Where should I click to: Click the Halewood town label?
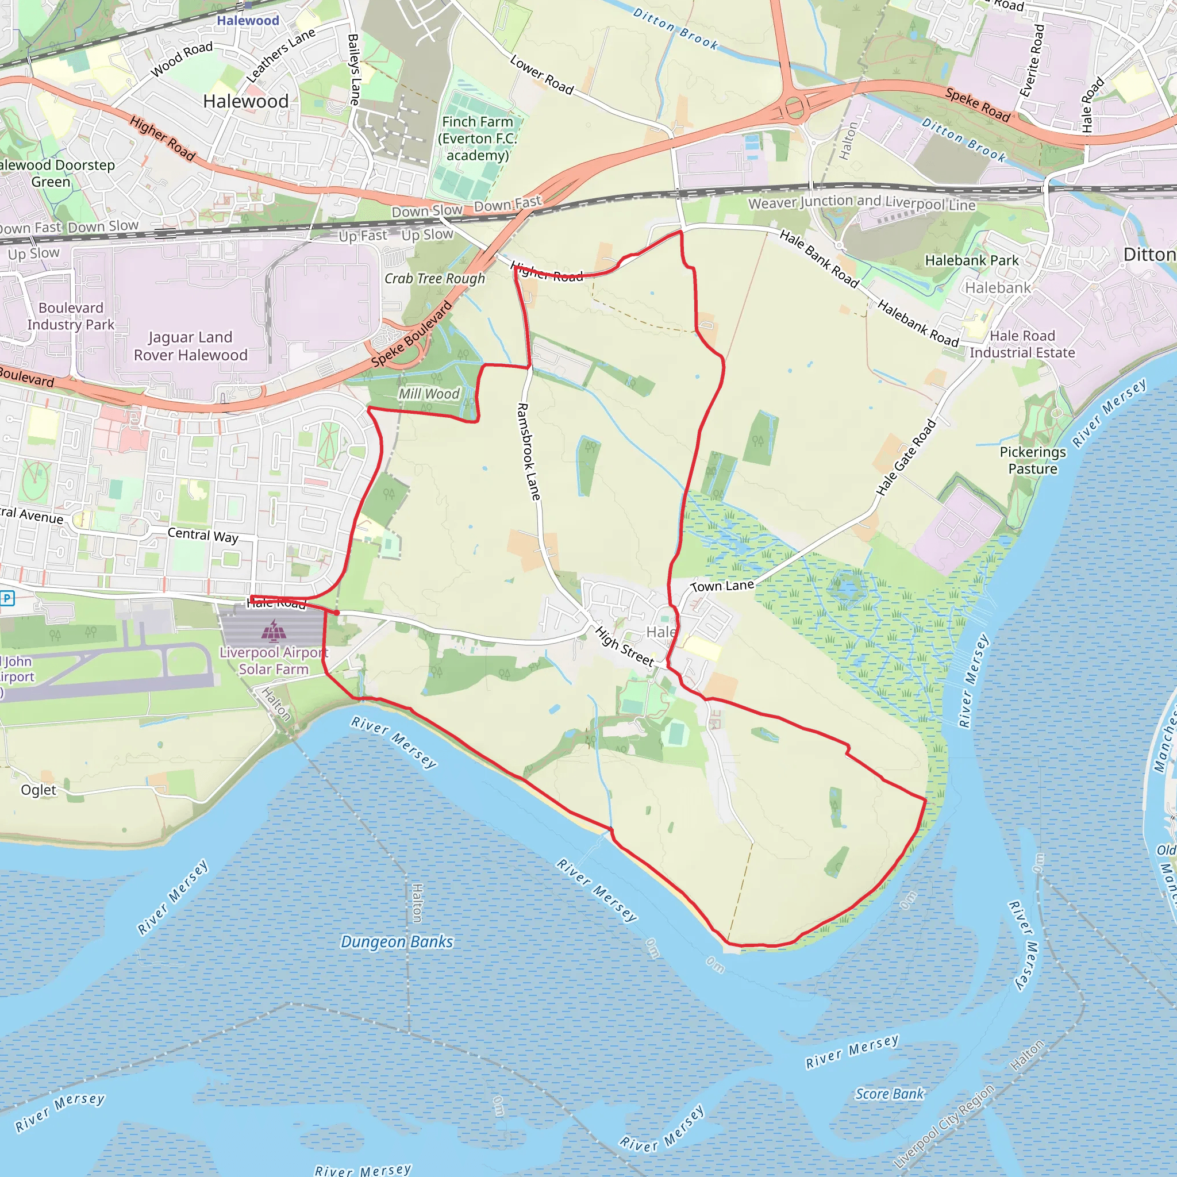coord(245,101)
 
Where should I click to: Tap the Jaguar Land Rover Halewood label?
coord(191,346)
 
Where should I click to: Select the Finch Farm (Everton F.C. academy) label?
coord(478,139)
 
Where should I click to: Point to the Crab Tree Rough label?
coord(434,278)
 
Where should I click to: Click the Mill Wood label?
coord(429,394)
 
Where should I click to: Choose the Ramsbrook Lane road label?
coord(528,451)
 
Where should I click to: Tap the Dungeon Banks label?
coord(397,942)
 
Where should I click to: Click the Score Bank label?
coord(890,1094)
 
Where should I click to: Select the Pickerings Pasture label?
coord(1033,460)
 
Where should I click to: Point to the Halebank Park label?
coord(972,261)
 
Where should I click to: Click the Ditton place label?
coord(1149,255)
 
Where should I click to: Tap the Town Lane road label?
coord(722,586)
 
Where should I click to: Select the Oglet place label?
coord(39,790)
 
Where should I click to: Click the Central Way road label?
coord(203,535)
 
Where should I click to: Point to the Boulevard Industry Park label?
coord(71,316)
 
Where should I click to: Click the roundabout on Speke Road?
coord(794,108)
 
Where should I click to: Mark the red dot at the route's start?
coord(336,612)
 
